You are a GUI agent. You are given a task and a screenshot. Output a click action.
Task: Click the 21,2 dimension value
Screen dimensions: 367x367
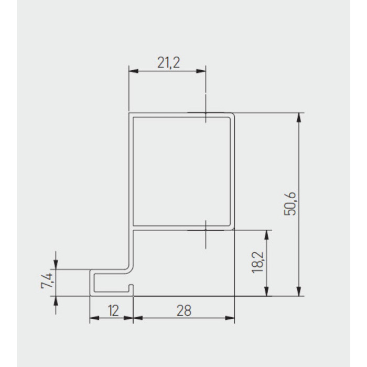coord(168,63)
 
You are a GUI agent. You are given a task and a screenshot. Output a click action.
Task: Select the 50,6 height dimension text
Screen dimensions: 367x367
coord(290,203)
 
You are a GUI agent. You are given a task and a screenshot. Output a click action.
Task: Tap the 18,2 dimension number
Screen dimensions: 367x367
coord(258,262)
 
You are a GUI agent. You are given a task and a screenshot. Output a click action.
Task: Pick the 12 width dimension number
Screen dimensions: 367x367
coord(114,310)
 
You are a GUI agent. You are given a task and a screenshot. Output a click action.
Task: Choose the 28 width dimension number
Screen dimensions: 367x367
coord(184,310)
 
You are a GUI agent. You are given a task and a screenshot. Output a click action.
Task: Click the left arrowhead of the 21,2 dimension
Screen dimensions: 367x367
coord(134,71)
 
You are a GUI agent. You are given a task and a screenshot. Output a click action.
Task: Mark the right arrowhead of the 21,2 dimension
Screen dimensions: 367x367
coord(201,71)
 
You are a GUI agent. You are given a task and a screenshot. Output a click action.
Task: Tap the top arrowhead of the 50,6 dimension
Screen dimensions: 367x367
coord(298,117)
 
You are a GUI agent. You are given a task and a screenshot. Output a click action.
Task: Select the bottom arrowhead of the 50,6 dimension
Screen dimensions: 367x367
coord(298,291)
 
